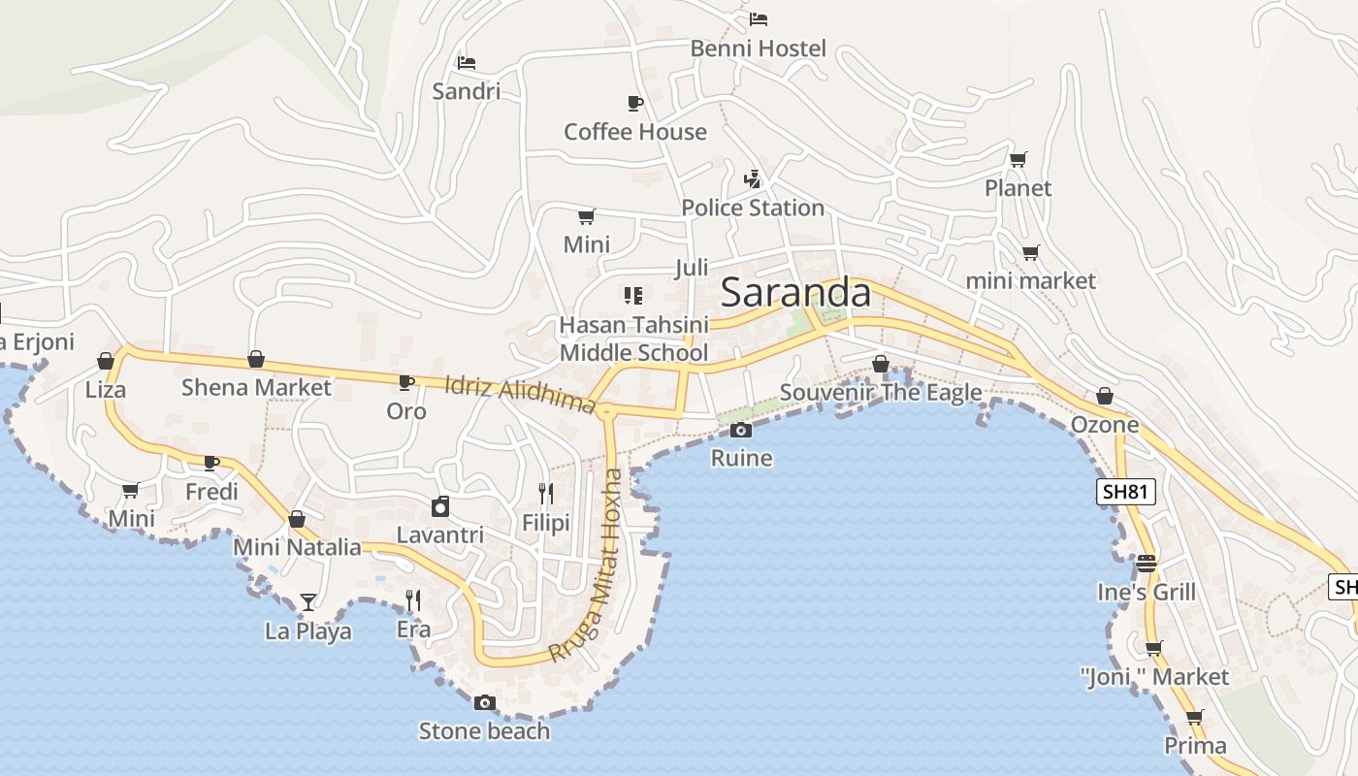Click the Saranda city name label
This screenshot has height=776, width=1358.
click(x=795, y=292)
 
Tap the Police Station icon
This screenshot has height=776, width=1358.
click(x=752, y=178)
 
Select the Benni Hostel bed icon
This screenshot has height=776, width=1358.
click(x=759, y=19)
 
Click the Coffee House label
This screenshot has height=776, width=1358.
click(x=635, y=131)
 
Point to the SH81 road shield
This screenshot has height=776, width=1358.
click(x=1125, y=492)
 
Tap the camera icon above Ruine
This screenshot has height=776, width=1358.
click(x=741, y=430)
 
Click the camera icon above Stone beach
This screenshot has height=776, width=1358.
click(x=485, y=702)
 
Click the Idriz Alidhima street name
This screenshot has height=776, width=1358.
click(x=519, y=394)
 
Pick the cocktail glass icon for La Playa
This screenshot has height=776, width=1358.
click(x=308, y=602)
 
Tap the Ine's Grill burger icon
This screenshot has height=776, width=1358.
click(x=1147, y=563)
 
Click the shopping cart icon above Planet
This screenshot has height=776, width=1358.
click(x=1018, y=159)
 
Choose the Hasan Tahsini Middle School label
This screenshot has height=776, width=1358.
click(x=633, y=339)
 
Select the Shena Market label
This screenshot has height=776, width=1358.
click(x=256, y=387)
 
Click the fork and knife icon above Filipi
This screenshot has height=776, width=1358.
click(x=546, y=494)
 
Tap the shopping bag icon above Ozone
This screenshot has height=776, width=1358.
click(x=1104, y=396)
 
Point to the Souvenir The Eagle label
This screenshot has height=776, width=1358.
click(x=881, y=393)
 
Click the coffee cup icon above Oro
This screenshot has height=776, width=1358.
click(x=406, y=382)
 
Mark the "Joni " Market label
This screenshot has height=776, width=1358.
click(x=1154, y=676)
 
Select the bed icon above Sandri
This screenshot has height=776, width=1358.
click(x=467, y=63)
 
